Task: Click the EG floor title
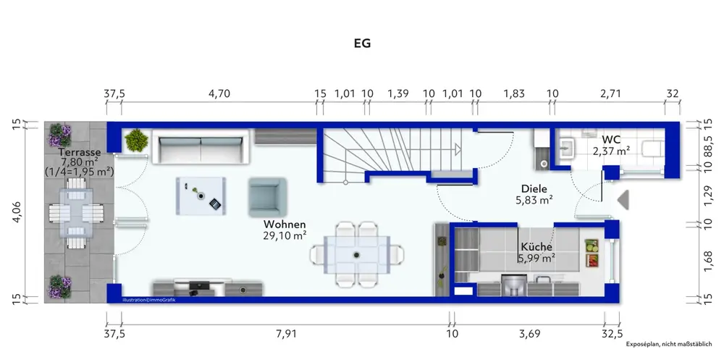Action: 362,43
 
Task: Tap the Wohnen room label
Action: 285,225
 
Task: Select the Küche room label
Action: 535,247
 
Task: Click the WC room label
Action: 611,138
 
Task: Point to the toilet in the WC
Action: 652,148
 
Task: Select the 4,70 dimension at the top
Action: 219,93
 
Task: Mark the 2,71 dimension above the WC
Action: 612,93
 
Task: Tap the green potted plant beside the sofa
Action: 135,141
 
